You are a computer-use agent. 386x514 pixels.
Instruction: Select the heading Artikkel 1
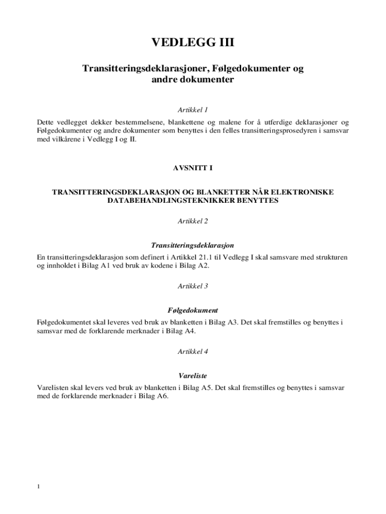click(193, 109)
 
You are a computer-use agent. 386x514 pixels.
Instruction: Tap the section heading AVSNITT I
click(193, 168)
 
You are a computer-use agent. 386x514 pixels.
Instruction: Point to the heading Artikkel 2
click(193, 221)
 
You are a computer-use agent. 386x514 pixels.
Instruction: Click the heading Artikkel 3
click(193, 286)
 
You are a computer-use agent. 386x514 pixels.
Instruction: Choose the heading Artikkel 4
click(193, 351)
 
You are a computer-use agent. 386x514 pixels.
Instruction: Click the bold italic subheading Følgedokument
click(193, 310)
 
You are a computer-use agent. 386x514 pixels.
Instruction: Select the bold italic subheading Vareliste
click(193, 375)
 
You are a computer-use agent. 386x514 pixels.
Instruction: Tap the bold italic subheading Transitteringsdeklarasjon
click(193, 245)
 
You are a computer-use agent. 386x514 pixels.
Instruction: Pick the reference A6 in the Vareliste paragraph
click(162, 396)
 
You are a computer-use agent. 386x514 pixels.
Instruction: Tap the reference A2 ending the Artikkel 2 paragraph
click(203, 266)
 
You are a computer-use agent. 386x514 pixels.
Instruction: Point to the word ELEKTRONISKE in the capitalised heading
click(305, 192)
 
